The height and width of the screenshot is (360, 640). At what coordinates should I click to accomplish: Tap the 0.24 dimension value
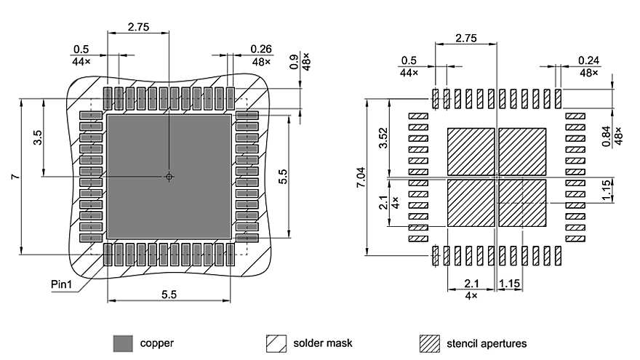pyautogui.click(x=589, y=60)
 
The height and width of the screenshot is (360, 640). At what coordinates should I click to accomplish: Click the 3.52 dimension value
pyautogui.click(x=384, y=138)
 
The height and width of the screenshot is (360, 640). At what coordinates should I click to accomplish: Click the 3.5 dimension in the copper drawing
pyautogui.click(x=38, y=137)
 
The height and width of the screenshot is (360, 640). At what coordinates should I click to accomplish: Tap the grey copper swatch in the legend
pyautogui.click(x=123, y=343)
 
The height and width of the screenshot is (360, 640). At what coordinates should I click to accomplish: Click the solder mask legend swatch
pyautogui.click(x=276, y=343)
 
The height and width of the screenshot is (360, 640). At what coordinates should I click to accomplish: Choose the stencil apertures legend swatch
pyautogui.click(x=431, y=343)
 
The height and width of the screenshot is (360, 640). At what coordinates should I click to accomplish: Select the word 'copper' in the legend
pyautogui.click(x=156, y=343)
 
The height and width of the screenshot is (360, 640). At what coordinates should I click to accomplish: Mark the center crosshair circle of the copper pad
pyautogui.click(x=169, y=176)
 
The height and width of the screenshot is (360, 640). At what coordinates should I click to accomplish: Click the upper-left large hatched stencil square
pyautogui.click(x=470, y=151)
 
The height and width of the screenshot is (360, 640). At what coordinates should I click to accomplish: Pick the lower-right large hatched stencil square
pyautogui.click(x=521, y=203)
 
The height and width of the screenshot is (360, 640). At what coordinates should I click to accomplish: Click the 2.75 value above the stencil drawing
pyautogui.click(x=465, y=39)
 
